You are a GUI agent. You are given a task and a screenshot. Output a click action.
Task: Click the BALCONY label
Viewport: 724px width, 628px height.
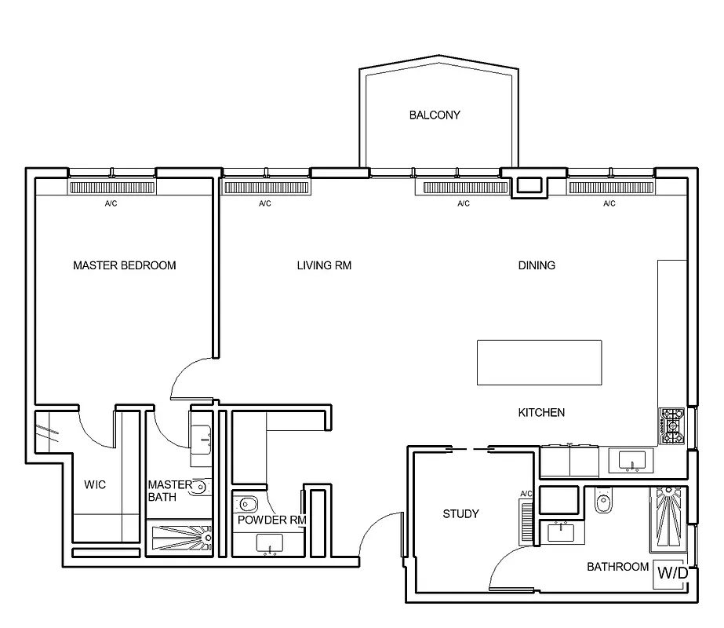(435, 115)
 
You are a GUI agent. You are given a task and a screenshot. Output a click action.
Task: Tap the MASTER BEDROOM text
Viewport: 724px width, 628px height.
(124, 265)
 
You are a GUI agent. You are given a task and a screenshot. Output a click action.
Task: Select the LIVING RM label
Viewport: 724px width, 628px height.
(324, 265)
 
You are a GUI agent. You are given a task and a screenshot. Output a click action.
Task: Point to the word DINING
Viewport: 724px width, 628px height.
(537, 265)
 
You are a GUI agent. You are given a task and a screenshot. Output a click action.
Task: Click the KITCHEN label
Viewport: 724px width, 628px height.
(541, 412)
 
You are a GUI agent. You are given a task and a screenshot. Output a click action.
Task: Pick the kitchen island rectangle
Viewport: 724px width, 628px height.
(540, 362)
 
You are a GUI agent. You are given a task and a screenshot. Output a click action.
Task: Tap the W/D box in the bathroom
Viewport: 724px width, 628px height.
(671, 574)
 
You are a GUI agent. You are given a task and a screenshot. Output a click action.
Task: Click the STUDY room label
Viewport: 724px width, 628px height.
(460, 514)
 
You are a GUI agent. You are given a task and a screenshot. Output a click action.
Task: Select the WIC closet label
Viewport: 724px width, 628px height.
(95, 485)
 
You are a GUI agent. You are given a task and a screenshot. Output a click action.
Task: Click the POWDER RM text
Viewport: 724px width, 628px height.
(271, 520)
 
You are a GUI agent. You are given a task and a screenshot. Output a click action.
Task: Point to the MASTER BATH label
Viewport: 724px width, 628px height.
(165, 491)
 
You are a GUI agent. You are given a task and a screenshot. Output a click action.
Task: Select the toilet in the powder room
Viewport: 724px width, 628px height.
(249, 503)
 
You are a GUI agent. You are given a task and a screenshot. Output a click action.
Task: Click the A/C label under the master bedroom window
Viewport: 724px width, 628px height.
(111, 204)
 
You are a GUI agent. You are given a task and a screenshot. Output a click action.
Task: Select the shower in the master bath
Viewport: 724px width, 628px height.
(181, 539)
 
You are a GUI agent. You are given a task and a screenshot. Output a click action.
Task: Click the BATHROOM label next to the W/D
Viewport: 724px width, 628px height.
(617, 567)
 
